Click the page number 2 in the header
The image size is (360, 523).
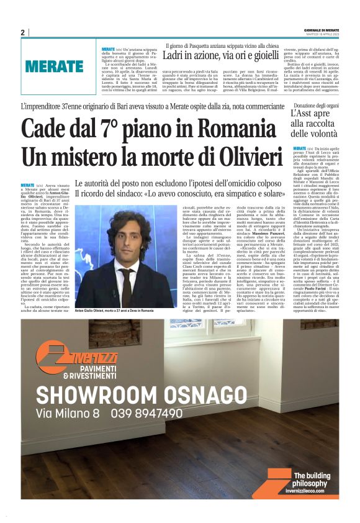[22, 32]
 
